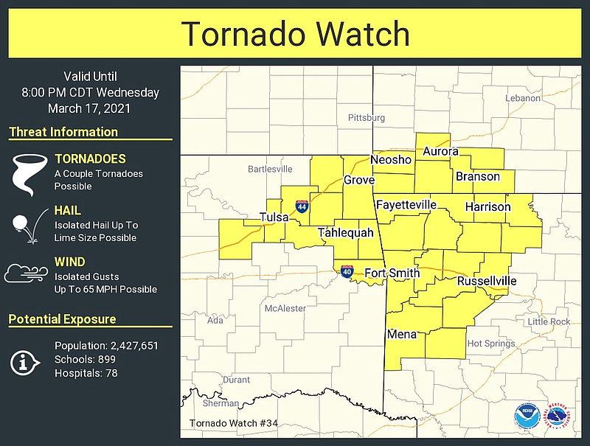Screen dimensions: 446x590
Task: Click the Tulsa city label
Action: [274, 217]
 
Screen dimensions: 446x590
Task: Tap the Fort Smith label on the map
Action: [392, 273]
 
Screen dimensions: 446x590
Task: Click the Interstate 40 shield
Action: [347, 271]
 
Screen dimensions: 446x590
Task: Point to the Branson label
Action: [478, 177]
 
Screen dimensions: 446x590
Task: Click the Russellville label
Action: [487, 282]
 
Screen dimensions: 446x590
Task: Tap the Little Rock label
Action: [549, 321]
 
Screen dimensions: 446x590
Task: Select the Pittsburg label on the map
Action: [367, 117]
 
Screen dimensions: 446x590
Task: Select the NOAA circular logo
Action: [526, 414]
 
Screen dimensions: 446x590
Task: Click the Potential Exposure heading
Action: [62, 319]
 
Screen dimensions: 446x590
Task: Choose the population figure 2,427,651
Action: [131, 346]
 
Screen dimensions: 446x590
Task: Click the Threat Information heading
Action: [63, 133]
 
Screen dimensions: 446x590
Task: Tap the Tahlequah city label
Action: [346, 233]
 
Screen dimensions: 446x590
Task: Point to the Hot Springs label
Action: [491, 344]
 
